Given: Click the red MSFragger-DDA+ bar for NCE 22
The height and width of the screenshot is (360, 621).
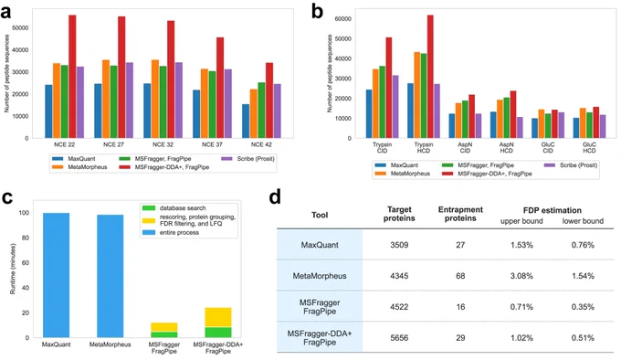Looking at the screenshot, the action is (72, 77).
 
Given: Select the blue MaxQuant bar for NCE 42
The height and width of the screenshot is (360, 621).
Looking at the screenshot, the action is (246, 122).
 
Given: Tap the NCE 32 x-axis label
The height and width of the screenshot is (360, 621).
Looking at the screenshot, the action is (163, 144).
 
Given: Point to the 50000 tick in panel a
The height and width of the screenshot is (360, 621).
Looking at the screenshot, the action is (21, 28).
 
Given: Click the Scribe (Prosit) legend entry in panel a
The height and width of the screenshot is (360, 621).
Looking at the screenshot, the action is (247, 159).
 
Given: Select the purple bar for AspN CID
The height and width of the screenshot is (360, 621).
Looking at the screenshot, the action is (479, 126).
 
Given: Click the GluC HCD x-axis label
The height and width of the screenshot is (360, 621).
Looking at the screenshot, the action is (589, 148).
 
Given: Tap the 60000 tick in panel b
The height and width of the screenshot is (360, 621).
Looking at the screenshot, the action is (343, 19).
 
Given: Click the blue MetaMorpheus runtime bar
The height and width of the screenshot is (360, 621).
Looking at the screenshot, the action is (111, 276).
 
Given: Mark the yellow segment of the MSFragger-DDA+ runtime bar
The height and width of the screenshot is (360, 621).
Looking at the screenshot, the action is (218, 317).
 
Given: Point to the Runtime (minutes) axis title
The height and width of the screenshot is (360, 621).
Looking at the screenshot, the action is (13, 269).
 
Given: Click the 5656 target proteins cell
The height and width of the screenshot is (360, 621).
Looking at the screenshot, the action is (399, 338).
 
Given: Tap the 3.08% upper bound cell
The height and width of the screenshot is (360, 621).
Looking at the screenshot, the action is (521, 276).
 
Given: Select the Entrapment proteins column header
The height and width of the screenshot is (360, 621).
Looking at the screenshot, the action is (460, 214).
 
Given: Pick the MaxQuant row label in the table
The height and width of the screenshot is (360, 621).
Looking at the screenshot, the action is (320, 245).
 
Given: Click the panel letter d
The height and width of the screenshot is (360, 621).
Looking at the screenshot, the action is (275, 196).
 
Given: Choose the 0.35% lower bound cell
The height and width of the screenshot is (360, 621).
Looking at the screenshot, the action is (583, 307).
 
